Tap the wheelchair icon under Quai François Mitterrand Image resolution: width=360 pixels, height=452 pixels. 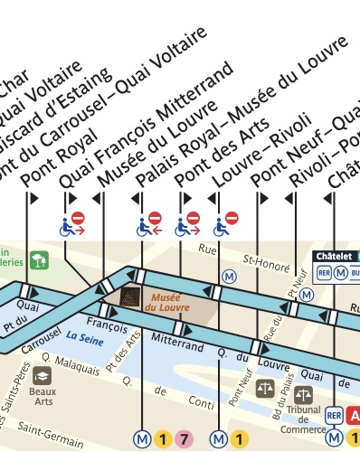click(71, 222)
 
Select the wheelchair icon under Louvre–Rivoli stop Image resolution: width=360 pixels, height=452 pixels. click(225, 222)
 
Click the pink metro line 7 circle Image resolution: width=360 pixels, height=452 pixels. click(185, 440)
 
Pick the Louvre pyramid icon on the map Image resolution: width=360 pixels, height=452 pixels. click(132, 297)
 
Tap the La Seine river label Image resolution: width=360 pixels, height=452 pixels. click(82, 342)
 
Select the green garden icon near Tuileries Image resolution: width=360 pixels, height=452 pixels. click(38, 261)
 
